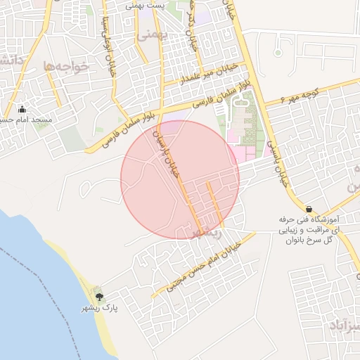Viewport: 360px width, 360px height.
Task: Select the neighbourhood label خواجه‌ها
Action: pyautogui.click(x=68, y=65)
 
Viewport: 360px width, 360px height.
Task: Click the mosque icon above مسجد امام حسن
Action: pyautogui.click(x=22, y=109)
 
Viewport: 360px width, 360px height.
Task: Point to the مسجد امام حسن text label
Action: pyautogui.click(x=25, y=120)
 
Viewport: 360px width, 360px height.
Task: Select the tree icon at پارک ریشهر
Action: pyautogui.click(x=98, y=297)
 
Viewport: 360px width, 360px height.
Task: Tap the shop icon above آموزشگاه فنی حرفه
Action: pyautogui.click(x=309, y=209)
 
